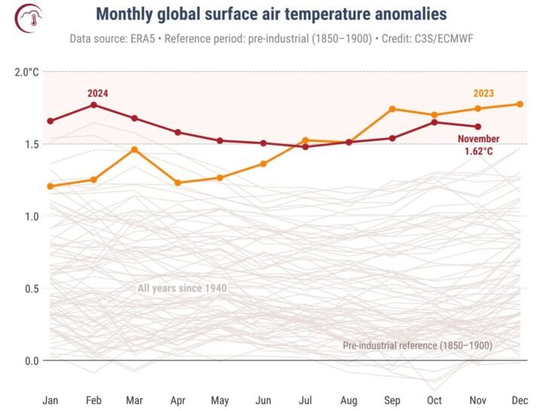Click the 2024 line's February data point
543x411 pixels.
(x=94, y=105)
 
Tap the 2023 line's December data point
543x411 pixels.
(x=520, y=104)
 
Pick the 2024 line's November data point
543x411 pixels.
(x=477, y=127)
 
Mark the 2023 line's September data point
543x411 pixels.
(x=392, y=109)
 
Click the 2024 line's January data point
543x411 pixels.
(x=51, y=121)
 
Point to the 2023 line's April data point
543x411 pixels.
(x=178, y=182)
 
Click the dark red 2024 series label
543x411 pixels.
(x=97, y=93)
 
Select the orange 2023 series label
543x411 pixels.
(x=483, y=94)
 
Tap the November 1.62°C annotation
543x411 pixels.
(x=479, y=145)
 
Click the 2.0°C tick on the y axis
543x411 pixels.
(x=26, y=72)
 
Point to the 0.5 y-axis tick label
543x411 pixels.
(x=29, y=289)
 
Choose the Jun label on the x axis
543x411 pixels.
(x=264, y=399)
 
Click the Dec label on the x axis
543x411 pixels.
(x=520, y=399)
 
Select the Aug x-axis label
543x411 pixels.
(x=348, y=399)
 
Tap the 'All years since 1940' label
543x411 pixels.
(x=182, y=288)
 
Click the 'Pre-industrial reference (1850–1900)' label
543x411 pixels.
(x=417, y=345)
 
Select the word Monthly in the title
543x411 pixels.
(x=127, y=14)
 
